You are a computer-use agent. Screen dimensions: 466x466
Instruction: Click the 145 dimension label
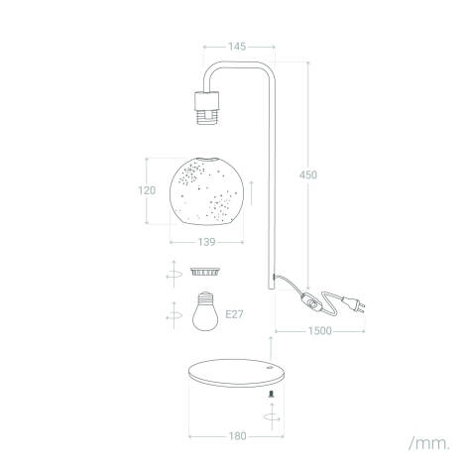tap(237, 47)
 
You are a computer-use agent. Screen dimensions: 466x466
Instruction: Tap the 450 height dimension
tap(308, 175)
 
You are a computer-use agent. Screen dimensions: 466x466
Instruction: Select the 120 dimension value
tap(147, 190)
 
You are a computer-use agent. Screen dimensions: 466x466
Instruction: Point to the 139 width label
tap(206, 242)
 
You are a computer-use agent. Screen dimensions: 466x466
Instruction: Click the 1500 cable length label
tap(320, 331)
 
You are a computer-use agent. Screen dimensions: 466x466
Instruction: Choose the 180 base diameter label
tap(238, 436)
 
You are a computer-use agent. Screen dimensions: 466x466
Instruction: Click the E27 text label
tap(234, 314)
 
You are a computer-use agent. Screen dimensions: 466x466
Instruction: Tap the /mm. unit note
tap(429, 443)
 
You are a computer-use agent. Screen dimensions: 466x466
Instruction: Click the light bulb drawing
tap(205, 311)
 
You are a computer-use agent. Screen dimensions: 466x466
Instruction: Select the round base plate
tap(236, 373)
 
